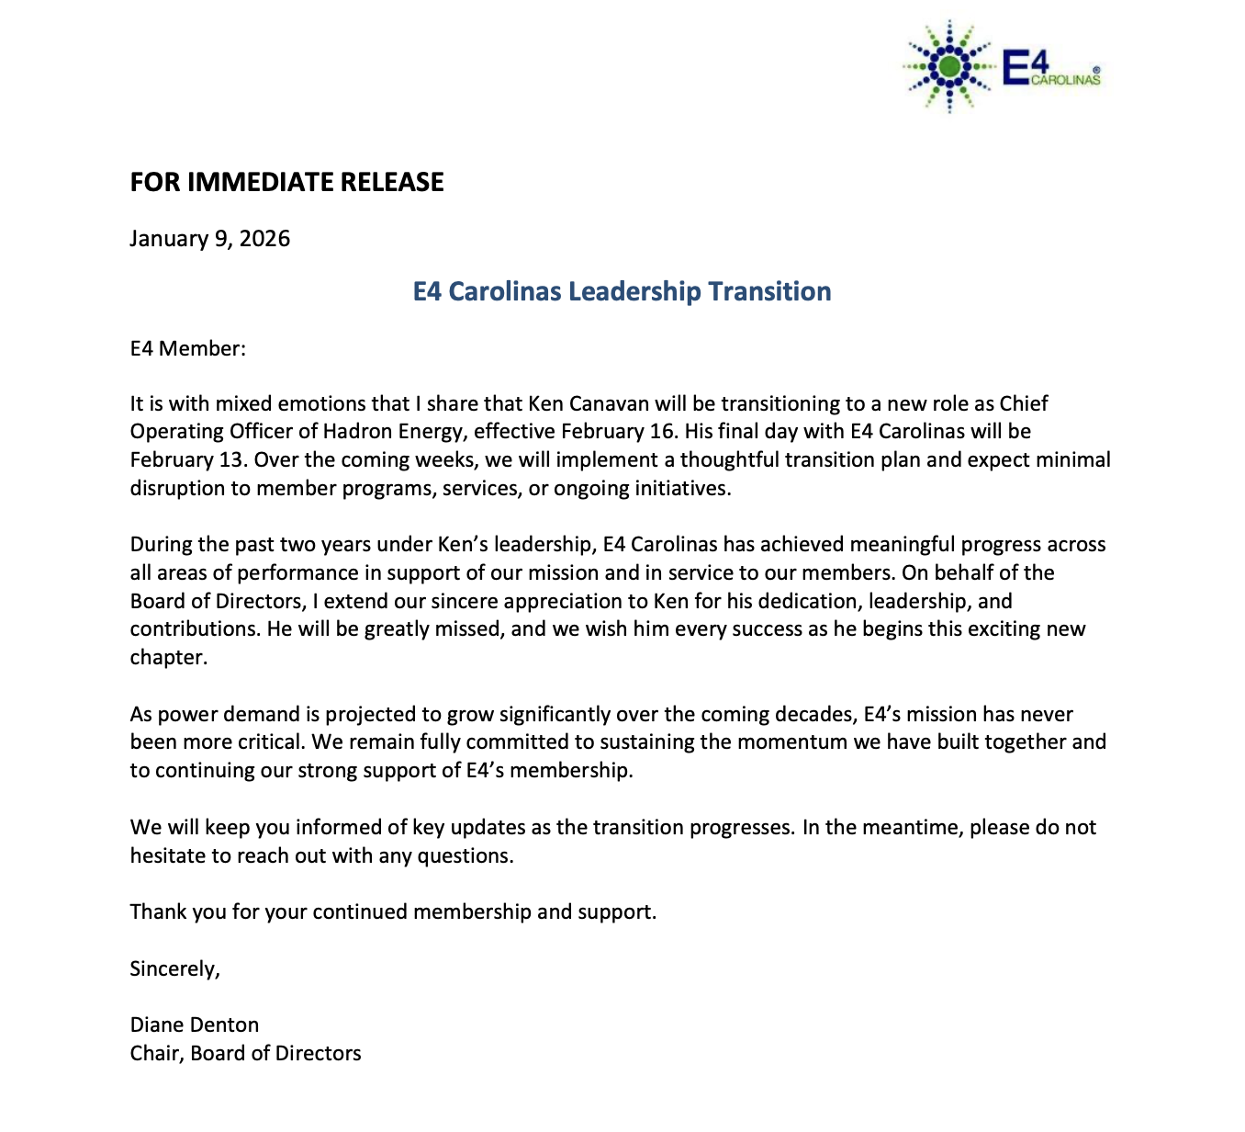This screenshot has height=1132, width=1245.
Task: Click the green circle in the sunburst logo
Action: [950, 66]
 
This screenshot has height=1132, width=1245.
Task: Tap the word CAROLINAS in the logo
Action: [1065, 81]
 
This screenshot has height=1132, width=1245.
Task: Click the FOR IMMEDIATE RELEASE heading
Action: [286, 182]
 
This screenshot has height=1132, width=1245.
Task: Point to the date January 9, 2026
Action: [209, 239]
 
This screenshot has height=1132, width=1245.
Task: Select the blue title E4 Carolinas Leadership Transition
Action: [622, 291]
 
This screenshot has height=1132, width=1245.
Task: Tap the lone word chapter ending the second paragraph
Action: [168, 658]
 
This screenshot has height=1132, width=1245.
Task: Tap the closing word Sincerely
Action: [174, 968]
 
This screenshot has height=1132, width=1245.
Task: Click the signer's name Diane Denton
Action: [195, 1024]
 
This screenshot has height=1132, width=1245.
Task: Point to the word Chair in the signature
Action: [157, 1053]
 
